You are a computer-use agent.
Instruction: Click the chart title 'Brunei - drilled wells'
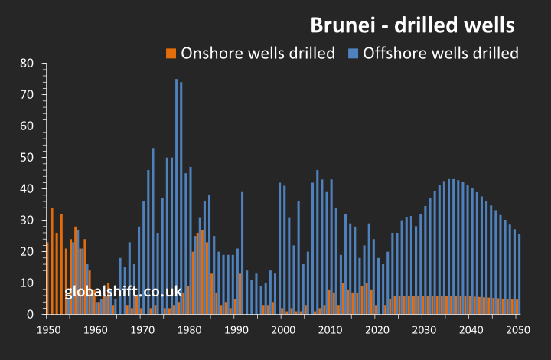pyautogui.click(x=412, y=25)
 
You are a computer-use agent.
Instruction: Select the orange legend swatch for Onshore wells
pyautogui.click(x=171, y=53)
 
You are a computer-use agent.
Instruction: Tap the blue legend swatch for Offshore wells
pyautogui.click(x=353, y=53)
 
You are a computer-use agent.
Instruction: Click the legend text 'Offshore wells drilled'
pyautogui.click(x=441, y=53)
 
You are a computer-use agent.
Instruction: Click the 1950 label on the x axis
pyautogui.click(x=48, y=330)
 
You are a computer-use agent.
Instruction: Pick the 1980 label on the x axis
pyautogui.click(x=189, y=330)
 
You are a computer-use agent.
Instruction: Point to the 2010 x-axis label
pyautogui.click(x=330, y=330)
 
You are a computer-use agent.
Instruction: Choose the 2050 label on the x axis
pyautogui.click(x=518, y=330)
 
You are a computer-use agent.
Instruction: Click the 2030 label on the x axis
pyautogui.click(x=424, y=330)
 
